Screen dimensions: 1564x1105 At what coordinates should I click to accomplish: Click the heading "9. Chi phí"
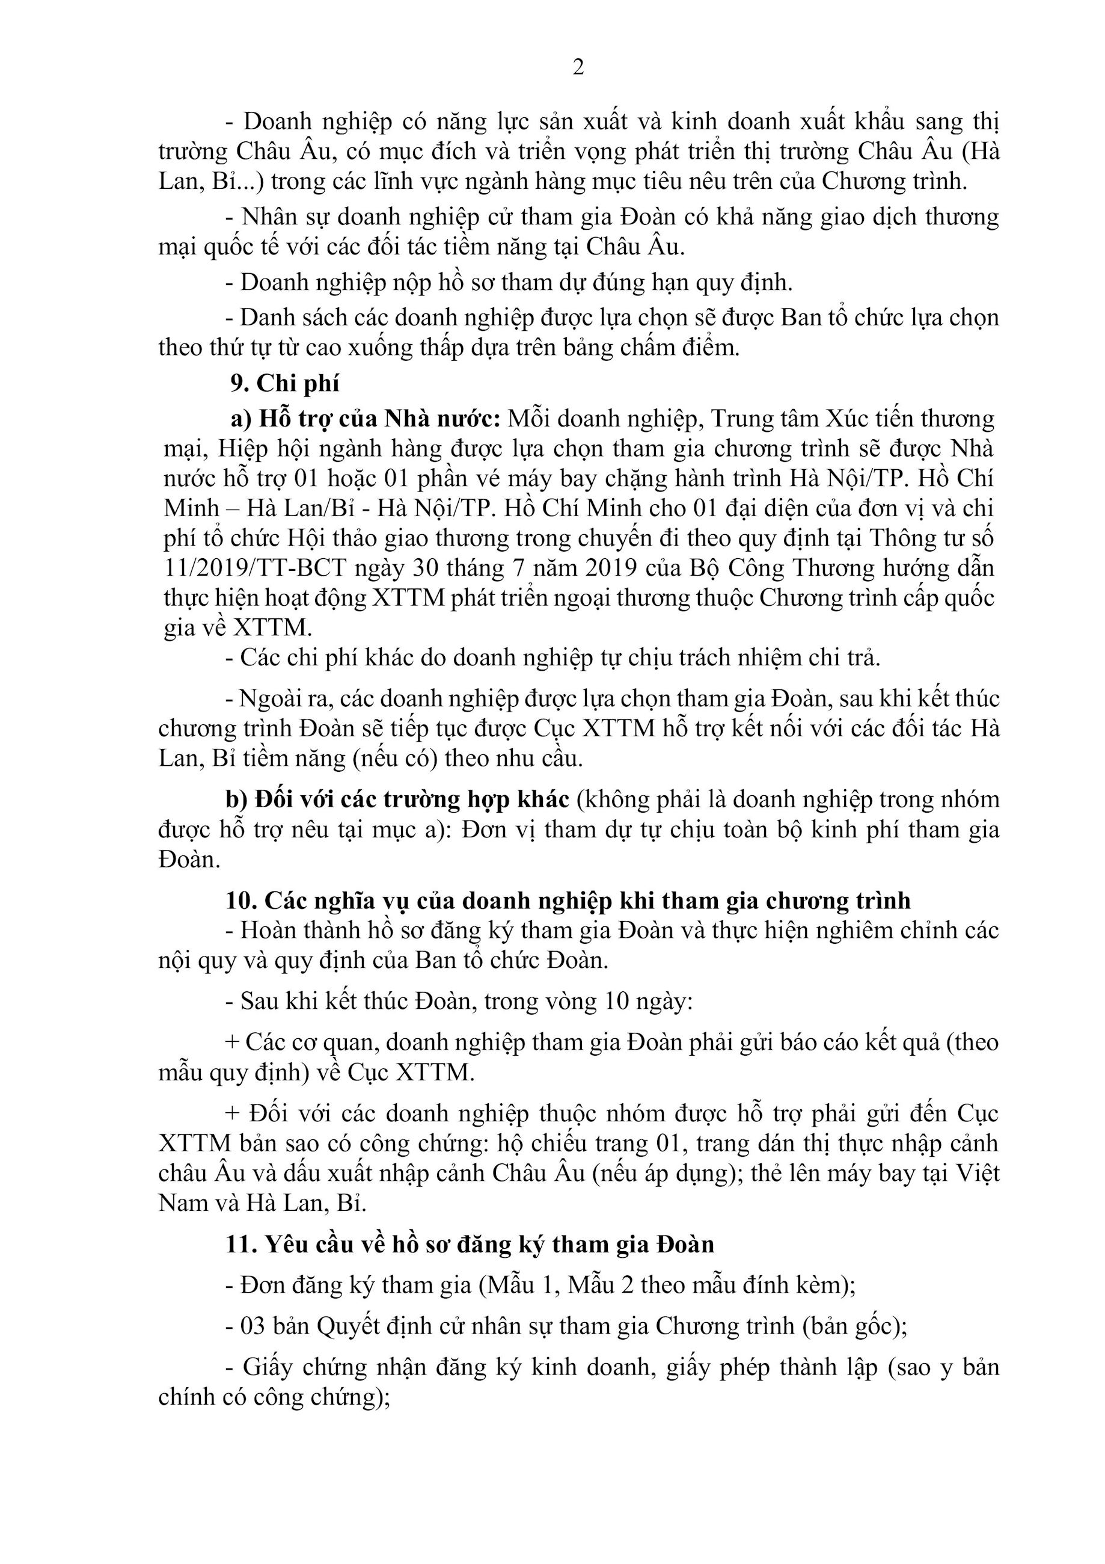coord(284,384)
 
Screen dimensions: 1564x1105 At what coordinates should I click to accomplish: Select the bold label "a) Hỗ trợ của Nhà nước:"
coord(366,417)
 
